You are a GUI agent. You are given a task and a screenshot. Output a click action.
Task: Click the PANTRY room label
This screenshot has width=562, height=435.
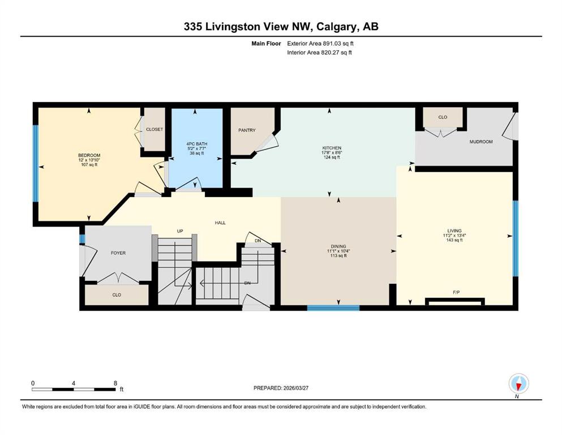[x=247, y=130]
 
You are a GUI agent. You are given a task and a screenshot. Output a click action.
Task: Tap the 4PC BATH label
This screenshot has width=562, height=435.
[x=197, y=144]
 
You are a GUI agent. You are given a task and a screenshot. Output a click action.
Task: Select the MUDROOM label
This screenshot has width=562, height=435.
[x=481, y=142]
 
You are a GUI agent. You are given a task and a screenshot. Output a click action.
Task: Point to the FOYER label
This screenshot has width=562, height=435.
[x=118, y=253]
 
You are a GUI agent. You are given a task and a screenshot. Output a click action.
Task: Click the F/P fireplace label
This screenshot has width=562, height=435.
[x=456, y=292]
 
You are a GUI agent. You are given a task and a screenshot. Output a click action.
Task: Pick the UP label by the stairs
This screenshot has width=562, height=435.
[x=180, y=231]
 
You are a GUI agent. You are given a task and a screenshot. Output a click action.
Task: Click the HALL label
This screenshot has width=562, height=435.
[x=220, y=223]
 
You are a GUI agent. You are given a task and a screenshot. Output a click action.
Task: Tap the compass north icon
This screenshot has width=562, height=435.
[x=518, y=383]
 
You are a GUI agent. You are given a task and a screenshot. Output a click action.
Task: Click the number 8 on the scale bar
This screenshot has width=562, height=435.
[x=115, y=383]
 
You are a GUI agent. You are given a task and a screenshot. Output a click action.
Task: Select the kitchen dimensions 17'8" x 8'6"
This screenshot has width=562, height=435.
[x=332, y=152]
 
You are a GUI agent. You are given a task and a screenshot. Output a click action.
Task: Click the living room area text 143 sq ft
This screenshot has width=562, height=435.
[x=454, y=240]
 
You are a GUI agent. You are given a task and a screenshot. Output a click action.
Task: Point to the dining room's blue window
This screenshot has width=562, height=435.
[x=333, y=308]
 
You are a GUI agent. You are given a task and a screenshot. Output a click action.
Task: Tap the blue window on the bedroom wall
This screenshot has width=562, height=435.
[x=36, y=163]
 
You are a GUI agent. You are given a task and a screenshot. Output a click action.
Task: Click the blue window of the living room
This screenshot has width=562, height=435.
[x=516, y=238]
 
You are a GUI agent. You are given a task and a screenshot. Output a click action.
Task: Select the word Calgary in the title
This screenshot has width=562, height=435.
[x=337, y=27]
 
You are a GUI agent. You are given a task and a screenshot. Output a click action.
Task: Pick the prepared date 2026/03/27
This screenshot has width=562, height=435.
[x=295, y=388]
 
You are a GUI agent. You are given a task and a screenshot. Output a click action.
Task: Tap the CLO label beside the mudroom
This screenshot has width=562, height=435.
[x=443, y=117]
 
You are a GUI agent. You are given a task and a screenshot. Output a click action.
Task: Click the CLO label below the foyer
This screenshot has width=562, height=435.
[x=117, y=295]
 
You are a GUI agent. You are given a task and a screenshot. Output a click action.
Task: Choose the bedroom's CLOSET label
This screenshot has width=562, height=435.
[x=155, y=129]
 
